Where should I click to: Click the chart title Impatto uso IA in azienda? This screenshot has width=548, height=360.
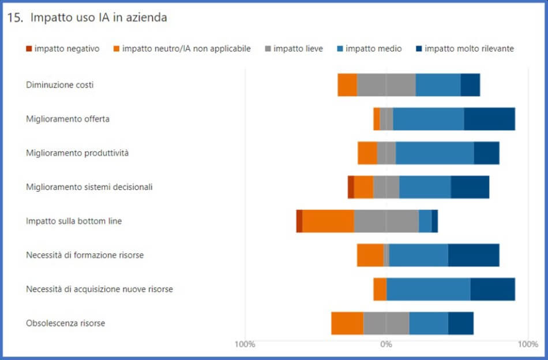pyautogui.click(x=99, y=18)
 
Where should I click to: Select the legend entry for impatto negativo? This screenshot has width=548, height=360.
pyautogui.click(x=66, y=49)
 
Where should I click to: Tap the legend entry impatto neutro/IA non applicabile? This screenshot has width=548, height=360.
pyautogui.click(x=186, y=49)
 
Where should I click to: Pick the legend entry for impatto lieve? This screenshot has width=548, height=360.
pyautogui.click(x=298, y=49)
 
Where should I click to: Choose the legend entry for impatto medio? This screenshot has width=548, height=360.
pyautogui.click(x=373, y=49)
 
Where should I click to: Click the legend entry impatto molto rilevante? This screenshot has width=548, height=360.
pyautogui.click(x=469, y=49)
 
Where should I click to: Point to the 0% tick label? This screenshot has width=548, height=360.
pyautogui.click(x=386, y=344)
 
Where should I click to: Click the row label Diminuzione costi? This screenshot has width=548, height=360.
pyautogui.click(x=60, y=85)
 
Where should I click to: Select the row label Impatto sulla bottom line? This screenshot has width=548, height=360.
pyautogui.click(x=74, y=221)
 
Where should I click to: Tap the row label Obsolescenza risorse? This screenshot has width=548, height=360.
pyautogui.click(x=66, y=323)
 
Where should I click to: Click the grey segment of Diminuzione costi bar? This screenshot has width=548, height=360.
pyautogui.click(x=386, y=85)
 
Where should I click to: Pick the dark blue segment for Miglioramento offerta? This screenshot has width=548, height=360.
pyautogui.click(x=489, y=119)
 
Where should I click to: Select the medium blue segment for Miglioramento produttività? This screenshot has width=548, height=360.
pyautogui.click(x=434, y=153)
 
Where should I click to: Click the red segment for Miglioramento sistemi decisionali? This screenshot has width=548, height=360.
pyautogui.click(x=351, y=187)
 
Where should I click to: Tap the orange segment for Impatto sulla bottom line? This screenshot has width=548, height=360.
pyautogui.click(x=328, y=221)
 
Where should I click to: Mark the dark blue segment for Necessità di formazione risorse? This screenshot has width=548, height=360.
pyautogui.click(x=474, y=255)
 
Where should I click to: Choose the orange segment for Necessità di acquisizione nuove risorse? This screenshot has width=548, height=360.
pyautogui.click(x=380, y=289)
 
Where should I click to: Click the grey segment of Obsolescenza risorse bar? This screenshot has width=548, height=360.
pyautogui.click(x=386, y=323)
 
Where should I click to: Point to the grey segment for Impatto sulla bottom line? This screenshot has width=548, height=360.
pyautogui.click(x=386, y=221)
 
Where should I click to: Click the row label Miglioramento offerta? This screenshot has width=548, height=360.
pyautogui.click(x=68, y=119)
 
